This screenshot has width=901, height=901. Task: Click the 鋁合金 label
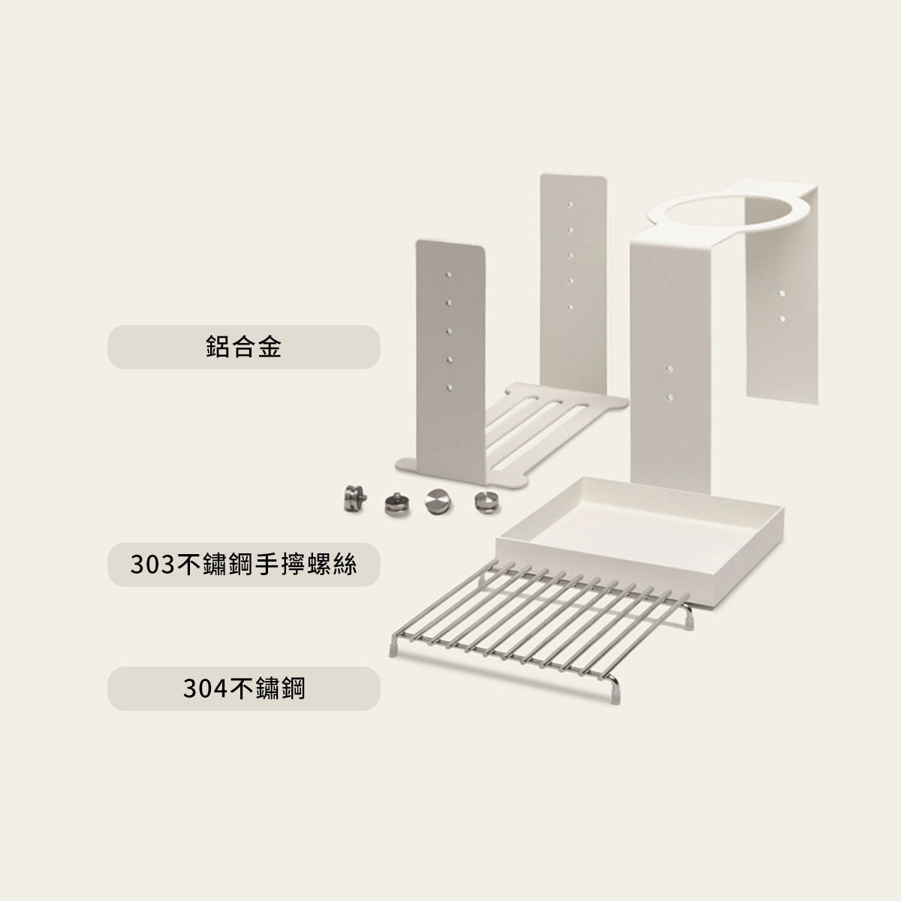tap(243, 347)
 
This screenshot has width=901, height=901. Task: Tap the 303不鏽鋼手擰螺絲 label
tap(243, 565)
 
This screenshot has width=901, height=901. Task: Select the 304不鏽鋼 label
tap(243, 689)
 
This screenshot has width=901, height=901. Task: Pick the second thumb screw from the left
tap(393, 503)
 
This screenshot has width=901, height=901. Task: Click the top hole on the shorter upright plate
tap(449, 276)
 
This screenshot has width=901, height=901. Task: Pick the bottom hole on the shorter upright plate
tap(450, 387)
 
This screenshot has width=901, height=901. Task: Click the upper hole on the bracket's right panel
tap(782, 291)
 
